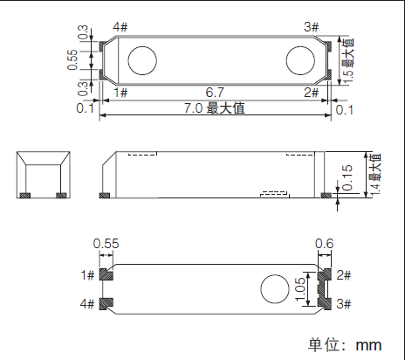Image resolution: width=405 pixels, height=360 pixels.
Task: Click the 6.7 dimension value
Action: click(214, 92)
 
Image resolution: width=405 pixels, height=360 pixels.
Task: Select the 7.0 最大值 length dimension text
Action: click(213, 108)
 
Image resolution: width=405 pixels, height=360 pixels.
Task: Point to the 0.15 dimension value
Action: click(348, 177)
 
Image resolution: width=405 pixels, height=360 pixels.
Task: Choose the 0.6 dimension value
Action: click(324, 244)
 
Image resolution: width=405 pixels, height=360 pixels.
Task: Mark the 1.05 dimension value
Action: click(301, 290)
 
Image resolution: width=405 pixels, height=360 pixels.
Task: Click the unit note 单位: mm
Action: click(345, 343)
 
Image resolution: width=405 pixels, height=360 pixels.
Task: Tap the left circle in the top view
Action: click(142, 59)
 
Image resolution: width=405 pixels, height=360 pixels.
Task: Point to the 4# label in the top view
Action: click(121, 27)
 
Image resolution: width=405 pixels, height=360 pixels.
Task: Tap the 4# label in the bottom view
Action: click(86, 304)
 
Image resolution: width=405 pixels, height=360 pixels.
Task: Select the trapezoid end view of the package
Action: click(44, 175)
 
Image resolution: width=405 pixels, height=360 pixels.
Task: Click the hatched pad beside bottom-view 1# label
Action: click(106, 274)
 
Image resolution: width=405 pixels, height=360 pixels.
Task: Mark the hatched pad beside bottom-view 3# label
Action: click(324, 304)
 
